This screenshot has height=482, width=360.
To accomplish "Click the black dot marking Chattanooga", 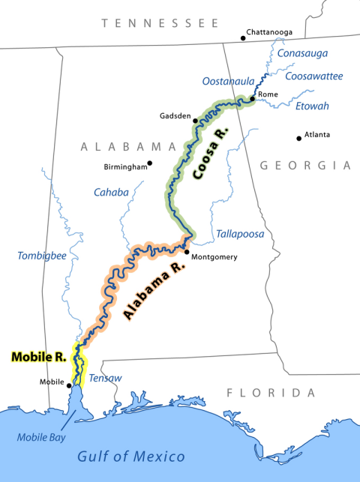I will (x=243, y=37).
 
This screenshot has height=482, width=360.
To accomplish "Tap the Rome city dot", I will (x=252, y=99).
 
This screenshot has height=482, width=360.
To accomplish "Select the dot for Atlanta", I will (x=299, y=137).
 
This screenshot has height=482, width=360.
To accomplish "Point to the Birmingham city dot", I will (x=150, y=163).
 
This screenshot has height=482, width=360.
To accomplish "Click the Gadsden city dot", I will (x=195, y=120).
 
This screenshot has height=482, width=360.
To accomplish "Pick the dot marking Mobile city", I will (x=69, y=386).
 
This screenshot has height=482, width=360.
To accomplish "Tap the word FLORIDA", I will (x=271, y=393).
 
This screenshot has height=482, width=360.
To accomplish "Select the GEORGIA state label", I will (x=304, y=165).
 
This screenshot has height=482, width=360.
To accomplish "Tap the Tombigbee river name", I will (x=42, y=256).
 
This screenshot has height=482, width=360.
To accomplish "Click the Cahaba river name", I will (x=111, y=193).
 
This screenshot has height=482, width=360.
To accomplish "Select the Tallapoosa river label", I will (x=240, y=234).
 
